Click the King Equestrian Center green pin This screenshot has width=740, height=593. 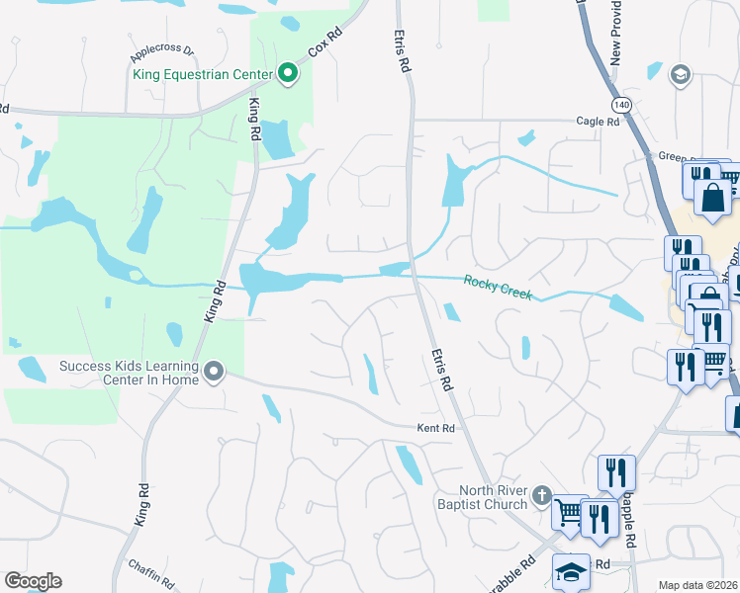[288, 72]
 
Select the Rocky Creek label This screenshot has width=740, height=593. [498, 288]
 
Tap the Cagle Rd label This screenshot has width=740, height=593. [598, 122]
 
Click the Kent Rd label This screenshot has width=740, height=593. [435, 428]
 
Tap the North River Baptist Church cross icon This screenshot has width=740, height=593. [541, 494]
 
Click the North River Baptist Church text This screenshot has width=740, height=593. [493, 498]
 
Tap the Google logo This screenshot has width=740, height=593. [33, 581]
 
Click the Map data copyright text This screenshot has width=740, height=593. [698, 585]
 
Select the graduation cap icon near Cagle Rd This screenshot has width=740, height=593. [680, 74]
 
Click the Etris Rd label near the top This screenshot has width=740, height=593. [404, 50]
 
